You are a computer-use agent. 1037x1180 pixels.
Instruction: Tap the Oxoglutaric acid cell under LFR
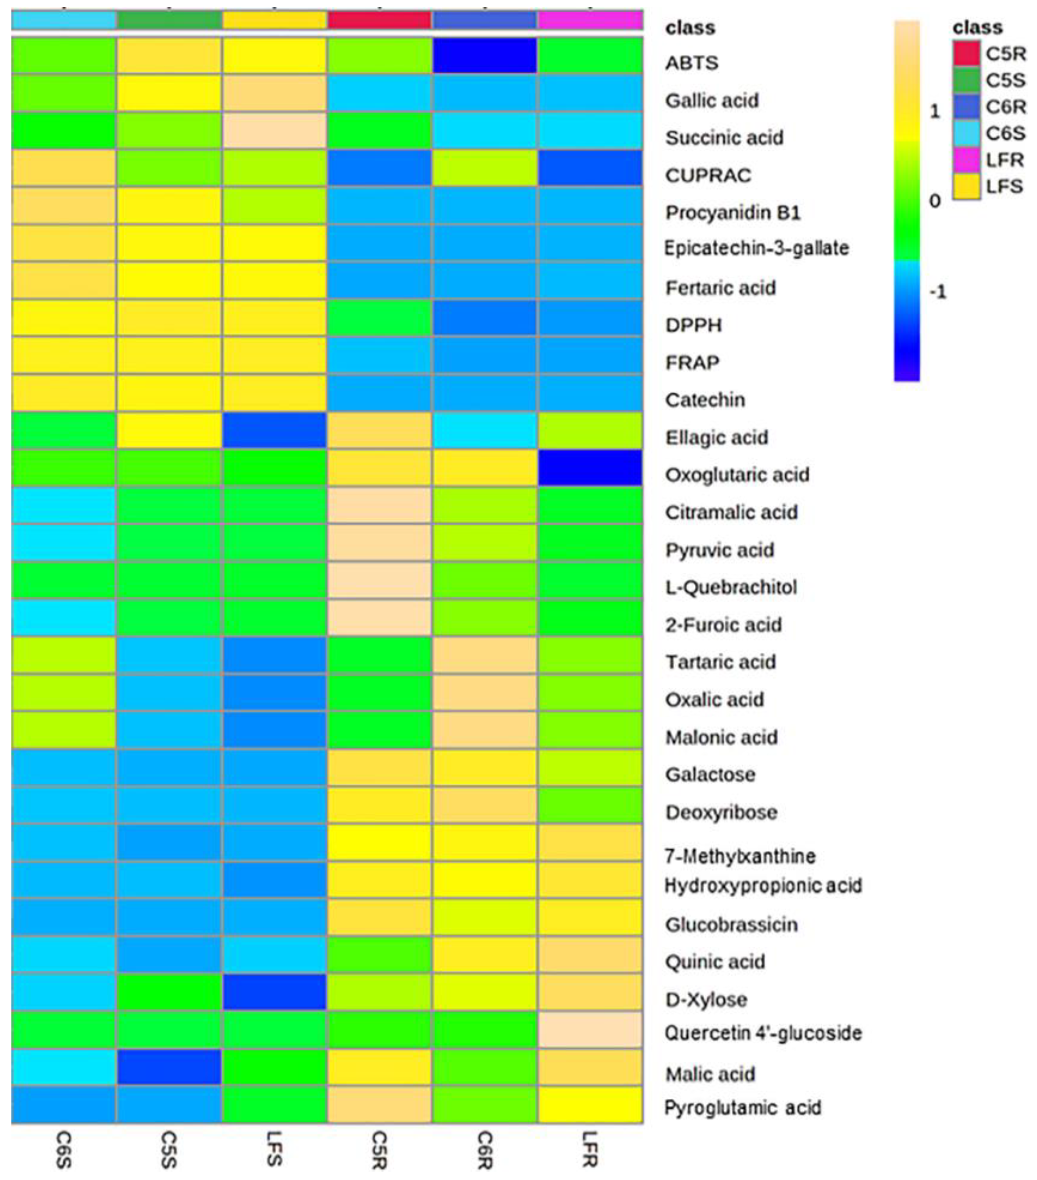coord(590,467)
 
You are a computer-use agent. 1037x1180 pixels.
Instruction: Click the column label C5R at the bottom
coord(378,1149)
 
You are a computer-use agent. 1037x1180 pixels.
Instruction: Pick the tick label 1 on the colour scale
coord(935,111)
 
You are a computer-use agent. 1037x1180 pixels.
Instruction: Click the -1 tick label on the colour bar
coord(937,292)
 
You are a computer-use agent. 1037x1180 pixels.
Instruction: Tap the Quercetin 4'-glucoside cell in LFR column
coord(590,1029)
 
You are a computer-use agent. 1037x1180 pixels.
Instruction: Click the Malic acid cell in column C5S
coord(168,1067)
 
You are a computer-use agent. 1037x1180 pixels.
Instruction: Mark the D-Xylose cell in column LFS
coord(274,992)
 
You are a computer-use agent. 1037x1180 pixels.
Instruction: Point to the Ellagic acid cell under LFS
coord(274,430)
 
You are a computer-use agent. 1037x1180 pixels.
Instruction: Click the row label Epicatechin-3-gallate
coord(756,248)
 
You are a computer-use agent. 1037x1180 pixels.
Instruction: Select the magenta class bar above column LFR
coord(590,20)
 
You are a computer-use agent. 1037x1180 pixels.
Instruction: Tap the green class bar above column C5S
coord(168,20)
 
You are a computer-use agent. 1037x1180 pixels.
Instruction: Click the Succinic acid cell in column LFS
coord(274,131)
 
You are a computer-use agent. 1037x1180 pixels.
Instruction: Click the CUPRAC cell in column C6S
coord(64,168)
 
